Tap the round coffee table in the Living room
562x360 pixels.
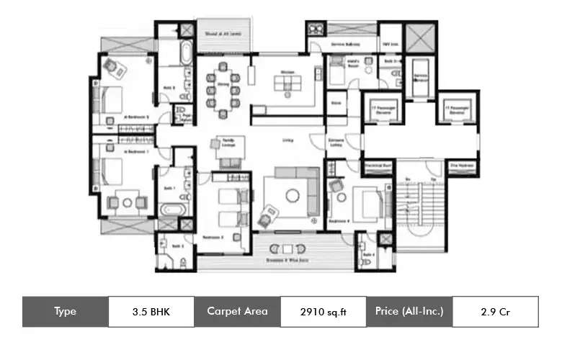point(293,194)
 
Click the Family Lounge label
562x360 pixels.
point(228,144)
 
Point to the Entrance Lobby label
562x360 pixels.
point(335,142)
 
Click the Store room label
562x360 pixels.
point(335,103)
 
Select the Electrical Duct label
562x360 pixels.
point(376,166)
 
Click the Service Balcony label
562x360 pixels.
point(344,45)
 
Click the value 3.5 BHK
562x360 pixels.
point(151,312)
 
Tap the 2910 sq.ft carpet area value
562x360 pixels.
point(322,312)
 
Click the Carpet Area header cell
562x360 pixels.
point(237,312)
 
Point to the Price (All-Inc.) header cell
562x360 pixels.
point(409,312)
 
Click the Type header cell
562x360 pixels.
point(65,312)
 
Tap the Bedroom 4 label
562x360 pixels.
point(339,221)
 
